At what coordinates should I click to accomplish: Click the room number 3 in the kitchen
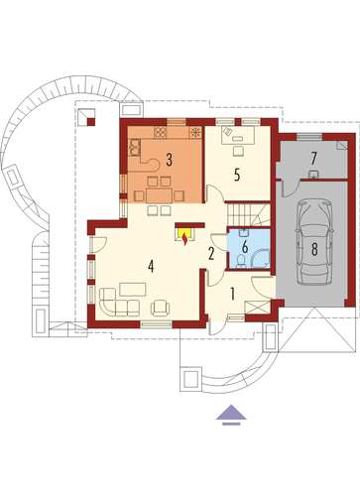[x=169, y=160]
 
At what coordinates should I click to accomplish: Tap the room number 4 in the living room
[x=151, y=266]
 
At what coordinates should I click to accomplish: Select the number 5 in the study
[x=237, y=175]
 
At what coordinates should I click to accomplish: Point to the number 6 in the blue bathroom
[x=245, y=247]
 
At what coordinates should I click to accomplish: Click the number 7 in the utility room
[x=313, y=159]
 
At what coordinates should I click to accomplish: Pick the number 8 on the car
[x=314, y=249]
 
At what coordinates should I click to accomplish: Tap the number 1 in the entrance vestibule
[x=232, y=294]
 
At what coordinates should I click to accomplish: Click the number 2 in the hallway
[x=211, y=254]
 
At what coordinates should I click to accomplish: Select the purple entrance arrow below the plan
[x=231, y=415]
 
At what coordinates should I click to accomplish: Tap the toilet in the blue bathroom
[x=241, y=261]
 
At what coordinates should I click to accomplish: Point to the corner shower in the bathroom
[x=261, y=259]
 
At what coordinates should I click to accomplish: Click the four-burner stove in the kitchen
[x=161, y=132]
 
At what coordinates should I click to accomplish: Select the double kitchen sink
[x=135, y=147]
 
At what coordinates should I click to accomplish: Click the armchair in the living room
[x=161, y=308]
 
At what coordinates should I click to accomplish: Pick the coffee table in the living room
[x=133, y=289]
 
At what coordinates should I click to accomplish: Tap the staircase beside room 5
[x=249, y=214]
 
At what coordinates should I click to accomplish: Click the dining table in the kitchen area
[x=159, y=195]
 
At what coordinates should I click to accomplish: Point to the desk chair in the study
[x=238, y=151]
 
